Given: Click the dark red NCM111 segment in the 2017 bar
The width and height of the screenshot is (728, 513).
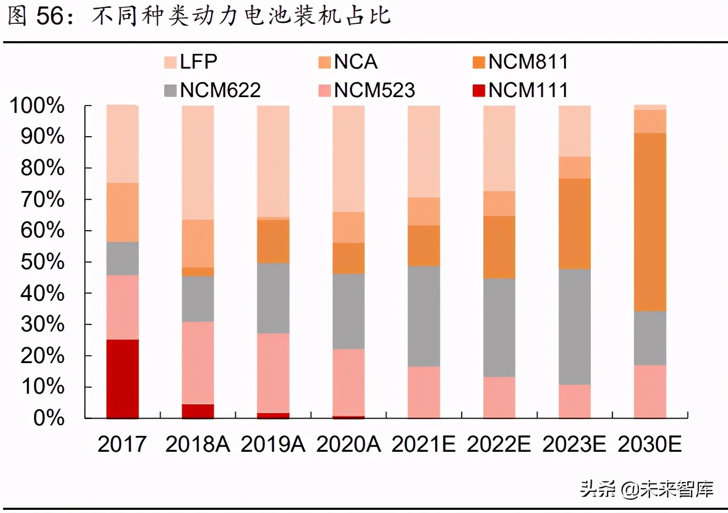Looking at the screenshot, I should (122, 378).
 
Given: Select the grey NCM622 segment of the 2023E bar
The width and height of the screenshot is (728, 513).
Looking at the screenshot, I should (574, 327).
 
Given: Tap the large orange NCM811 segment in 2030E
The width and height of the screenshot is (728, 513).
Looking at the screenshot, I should (650, 222).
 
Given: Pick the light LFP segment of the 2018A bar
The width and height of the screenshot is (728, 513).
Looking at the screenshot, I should (198, 162).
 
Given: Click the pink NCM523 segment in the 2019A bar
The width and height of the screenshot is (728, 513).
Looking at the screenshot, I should (273, 373).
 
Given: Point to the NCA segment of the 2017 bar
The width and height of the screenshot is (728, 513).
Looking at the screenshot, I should (122, 212).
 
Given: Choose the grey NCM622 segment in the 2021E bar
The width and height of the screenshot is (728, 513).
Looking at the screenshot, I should (424, 316).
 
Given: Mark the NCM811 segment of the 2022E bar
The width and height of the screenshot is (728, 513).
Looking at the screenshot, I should (499, 246).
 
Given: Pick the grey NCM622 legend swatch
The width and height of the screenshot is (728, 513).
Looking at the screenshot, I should (170, 90).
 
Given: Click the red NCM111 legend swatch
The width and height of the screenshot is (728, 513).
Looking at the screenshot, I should (478, 90).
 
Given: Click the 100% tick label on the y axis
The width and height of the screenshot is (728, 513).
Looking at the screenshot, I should (37, 106).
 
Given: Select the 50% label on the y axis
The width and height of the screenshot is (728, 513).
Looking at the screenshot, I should (42, 262).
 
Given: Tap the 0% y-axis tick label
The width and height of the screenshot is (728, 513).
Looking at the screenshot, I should (49, 418).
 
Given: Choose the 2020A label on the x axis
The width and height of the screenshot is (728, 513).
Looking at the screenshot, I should (348, 444).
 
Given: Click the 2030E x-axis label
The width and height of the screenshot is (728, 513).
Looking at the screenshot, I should (649, 444).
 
